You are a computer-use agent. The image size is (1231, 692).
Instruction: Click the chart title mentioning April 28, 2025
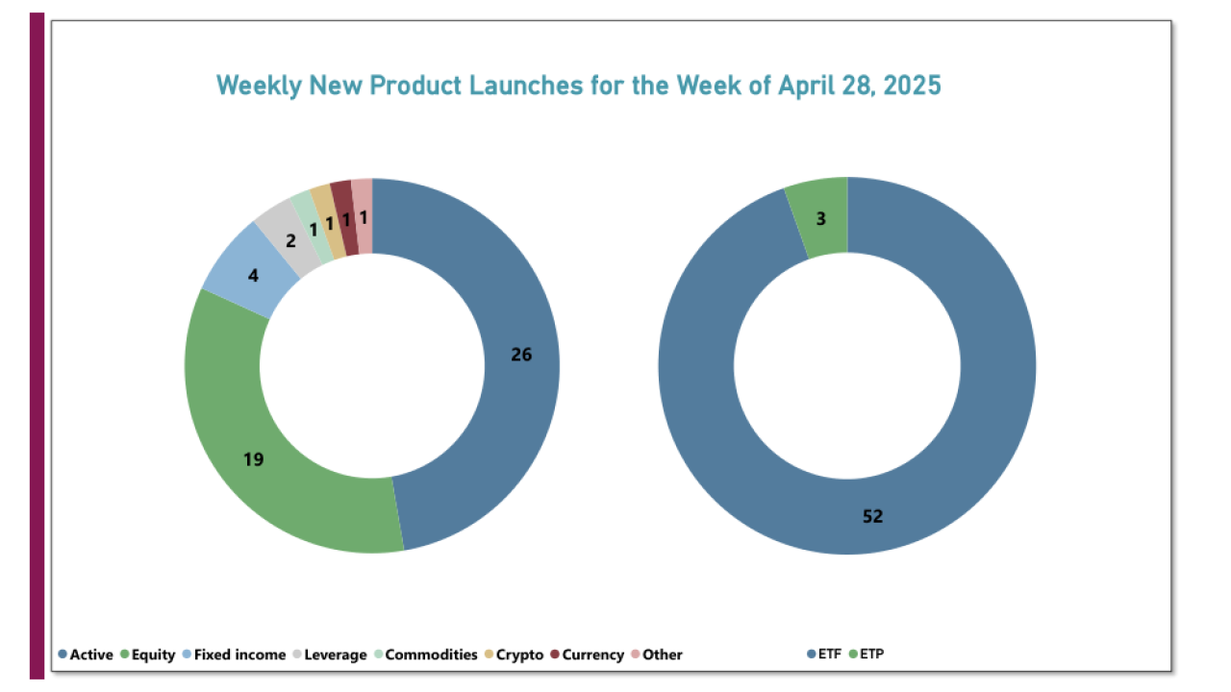578,86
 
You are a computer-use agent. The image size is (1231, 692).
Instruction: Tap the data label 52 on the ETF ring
872,516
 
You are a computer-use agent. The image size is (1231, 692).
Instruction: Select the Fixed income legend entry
233,655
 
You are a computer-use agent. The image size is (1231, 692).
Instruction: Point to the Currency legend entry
587,655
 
